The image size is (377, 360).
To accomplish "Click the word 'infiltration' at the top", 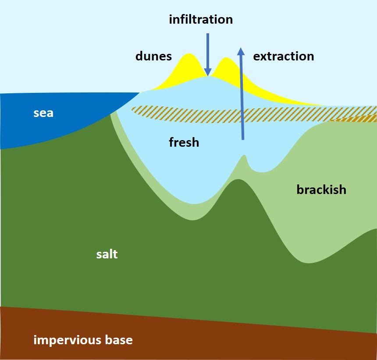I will click(201, 20).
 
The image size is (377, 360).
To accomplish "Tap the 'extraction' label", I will click(284, 56).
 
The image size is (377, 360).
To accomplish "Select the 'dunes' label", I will click(153, 56).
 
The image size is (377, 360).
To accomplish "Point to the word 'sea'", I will click(43, 113).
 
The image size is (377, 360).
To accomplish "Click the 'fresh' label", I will click(184, 142).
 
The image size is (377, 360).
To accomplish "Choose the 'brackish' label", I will click(321, 190).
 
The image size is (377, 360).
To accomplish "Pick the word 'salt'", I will click(107, 254).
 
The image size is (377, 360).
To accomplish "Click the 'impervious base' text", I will click(83, 340).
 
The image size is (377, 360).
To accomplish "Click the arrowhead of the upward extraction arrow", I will click(241, 52).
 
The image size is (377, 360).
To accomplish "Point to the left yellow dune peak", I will click(189, 55).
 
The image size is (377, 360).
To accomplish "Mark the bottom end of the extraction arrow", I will click(242, 139).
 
